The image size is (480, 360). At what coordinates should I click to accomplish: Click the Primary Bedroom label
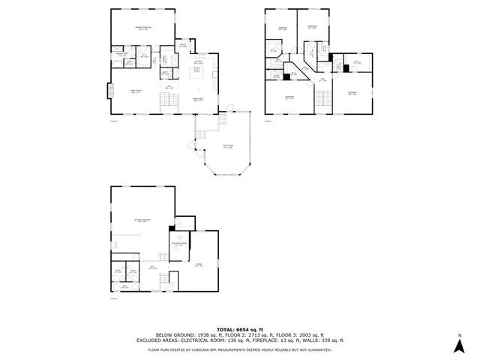tap(142, 28)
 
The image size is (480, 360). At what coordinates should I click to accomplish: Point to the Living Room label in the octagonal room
tap(227, 148)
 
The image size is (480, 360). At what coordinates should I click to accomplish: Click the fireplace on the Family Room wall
tap(109, 91)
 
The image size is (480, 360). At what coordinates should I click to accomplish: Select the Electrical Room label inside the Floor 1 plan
tap(179, 244)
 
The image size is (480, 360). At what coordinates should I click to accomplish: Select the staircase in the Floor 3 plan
tap(322, 99)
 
